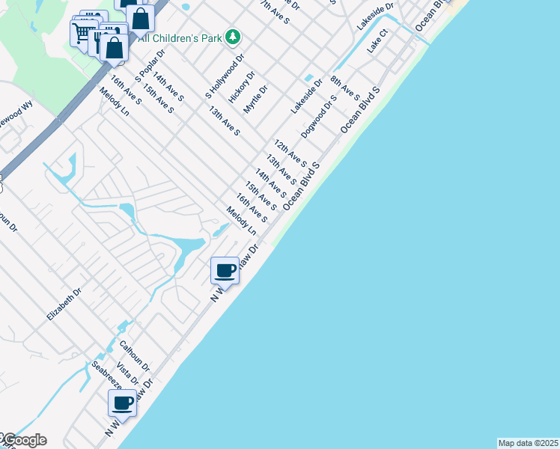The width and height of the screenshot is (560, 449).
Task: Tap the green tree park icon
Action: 233,36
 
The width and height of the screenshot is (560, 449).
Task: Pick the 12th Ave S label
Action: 290,153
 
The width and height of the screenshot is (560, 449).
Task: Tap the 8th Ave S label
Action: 345,88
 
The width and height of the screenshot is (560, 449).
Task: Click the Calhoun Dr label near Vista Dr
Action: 135,356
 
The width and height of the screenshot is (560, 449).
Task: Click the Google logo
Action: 24,440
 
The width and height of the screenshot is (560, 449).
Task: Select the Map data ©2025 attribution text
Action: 529,443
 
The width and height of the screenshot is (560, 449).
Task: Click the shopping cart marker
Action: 82,32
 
